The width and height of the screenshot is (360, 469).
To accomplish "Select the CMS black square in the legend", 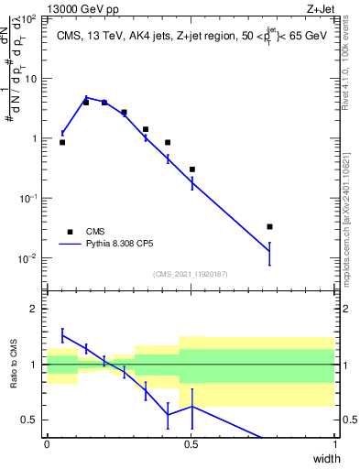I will pyautogui.click(x=70, y=232).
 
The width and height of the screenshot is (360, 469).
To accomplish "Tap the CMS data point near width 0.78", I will pyautogui.click(x=269, y=226).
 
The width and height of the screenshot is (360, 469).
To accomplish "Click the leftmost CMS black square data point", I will pyautogui.click(x=62, y=142).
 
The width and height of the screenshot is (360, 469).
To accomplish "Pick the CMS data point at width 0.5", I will pyautogui.click(x=191, y=169).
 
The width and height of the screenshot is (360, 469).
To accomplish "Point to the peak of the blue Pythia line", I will pyautogui.click(x=86, y=97).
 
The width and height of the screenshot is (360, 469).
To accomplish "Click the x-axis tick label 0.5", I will pyautogui.click(x=191, y=444).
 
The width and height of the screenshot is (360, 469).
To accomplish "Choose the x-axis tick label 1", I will pyautogui.click(x=336, y=444).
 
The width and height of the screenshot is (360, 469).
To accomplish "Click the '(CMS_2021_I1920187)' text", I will pyautogui.click(x=191, y=274).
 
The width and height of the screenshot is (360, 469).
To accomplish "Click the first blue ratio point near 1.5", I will pyautogui.click(x=62, y=335).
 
